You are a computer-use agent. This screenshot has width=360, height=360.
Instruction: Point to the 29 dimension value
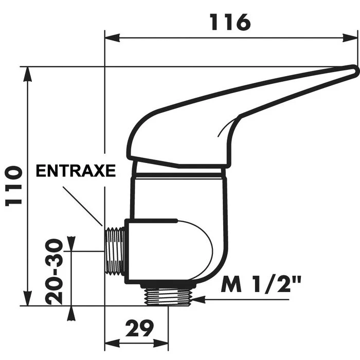click(x=138, y=328)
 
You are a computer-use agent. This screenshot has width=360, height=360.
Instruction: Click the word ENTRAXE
click(x=76, y=171)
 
